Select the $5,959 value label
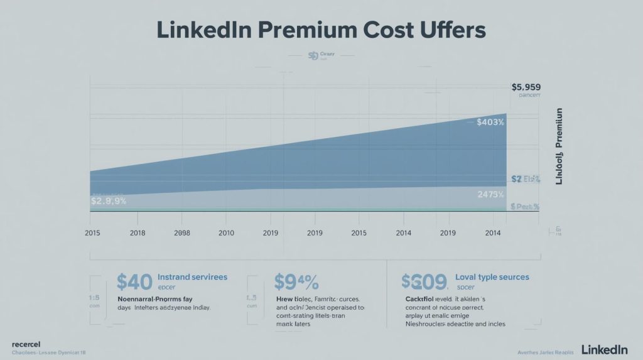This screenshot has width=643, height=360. (x=526, y=87)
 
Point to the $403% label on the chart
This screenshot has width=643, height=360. (x=490, y=122)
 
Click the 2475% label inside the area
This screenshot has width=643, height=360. (x=490, y=195)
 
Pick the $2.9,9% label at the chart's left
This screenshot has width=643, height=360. (x=109, y=201)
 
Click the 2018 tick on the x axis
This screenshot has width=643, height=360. (x=138, y=233)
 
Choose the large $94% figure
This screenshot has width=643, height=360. (x=296, y=281)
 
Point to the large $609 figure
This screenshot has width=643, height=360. (x=424, y=281)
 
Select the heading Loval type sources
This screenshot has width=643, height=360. (x=492, y=276)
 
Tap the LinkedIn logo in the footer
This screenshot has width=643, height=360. (x=605, y=349)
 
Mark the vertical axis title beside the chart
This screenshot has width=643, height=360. (x=559, y=146)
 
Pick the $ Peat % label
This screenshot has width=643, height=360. (x=525, y=205)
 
